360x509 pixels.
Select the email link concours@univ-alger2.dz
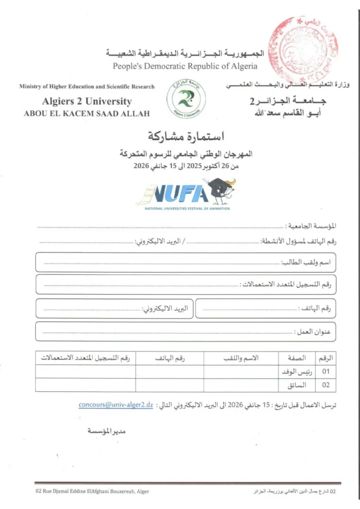(x=115, y=405)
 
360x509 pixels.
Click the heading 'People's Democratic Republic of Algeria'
(x=185, y=66)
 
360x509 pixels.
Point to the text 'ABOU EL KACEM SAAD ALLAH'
(x=87, y=114)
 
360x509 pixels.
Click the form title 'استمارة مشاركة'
(x=187, y=135)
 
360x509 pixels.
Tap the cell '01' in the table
(x=326, y=371)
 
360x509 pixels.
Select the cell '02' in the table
(x=326, y=385)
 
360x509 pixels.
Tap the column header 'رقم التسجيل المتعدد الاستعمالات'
(x=88, y=358)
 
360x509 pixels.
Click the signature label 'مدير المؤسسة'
(x=106, y=431)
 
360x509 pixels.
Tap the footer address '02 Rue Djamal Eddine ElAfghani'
(x=92, y=491)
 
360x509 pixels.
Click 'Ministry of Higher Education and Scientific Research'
(x=87, y=86)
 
